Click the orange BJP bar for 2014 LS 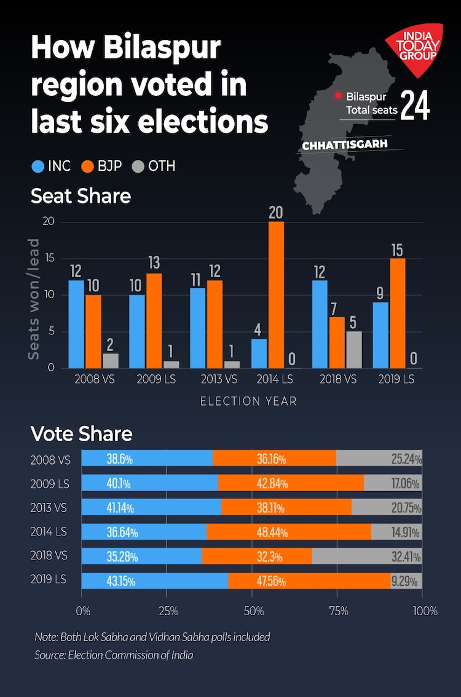pyautogui.click(x=276, y=295)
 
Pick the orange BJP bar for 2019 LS pyautogui.click(x=398, y=313)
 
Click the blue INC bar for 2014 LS pyautogui.click(x=259, y=353)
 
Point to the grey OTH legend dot pyautogui.click(x=138, y=166)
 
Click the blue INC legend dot pyautogui.click(x=38, y=166)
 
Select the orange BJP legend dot pyautogui.click(x=88, y=166)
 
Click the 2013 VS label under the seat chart pyautogui.click(x=215, y=379)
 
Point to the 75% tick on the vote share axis pyautogui.click(x=338, y=612)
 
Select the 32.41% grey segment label pyautogui.click(x=405, y=556)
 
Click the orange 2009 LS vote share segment pyautogui.click(x=291, y=482)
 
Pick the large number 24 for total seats pyautogui.click(x=416, y=105)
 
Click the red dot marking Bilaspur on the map pyautogui.click(x=337, y=96)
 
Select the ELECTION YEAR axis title pyautogui.click(x=248, y=401)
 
